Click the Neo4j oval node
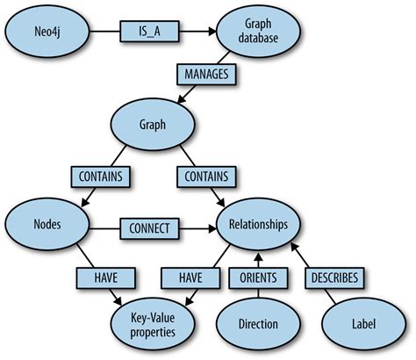coord(47,31)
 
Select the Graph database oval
coord(258,31)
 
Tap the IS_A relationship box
coord(149,32)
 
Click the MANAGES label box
coord(206,75)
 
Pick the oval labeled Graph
coord(153,125)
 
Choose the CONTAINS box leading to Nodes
coord(101,176)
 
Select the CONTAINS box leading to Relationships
coord(206,176)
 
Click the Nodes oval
coord(47,225)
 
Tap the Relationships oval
coord(258,225)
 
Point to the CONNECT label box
coord(149,228)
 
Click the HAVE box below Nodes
coord(106,278)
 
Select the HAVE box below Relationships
coord(190,278)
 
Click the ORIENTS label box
coord(258,278)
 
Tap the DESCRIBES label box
coord(334,278)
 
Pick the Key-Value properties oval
coord(153,325)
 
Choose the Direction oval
coord(258,325)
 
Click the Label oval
coord(363,325)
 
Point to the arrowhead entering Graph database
coord(212,32)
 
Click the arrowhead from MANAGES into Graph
coord(182,99)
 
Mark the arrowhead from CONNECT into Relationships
coord(212,228)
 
